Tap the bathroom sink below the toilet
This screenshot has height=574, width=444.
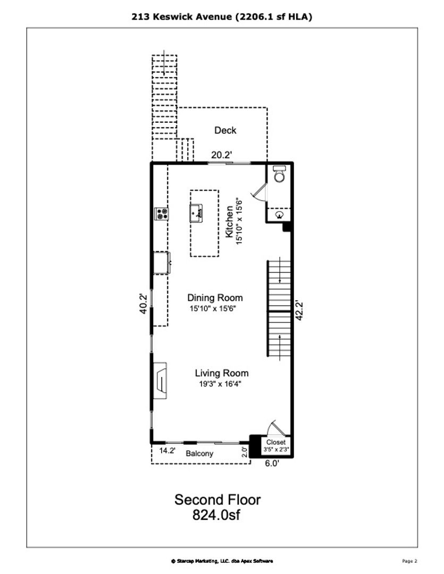[x=280, y=214]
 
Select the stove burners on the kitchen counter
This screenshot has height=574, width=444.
[x=161, y=214]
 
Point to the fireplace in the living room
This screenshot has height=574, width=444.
[x=160, y=381]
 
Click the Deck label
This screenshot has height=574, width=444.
[x=225, y=130]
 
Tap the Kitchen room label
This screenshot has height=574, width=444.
[x=229, y=222]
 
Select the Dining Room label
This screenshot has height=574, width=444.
[x=215, y=298]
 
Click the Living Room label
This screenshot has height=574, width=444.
[x=222, y=373]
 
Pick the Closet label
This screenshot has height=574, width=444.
[x=276, y=442]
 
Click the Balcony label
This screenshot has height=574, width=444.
[x=199, y=453]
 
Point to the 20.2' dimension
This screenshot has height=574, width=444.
[x=222, y=155]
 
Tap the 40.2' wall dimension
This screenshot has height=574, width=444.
[x=144, y=304]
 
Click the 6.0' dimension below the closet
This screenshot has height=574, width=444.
[x=272, y=463]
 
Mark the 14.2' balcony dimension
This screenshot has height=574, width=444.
[x=167, y=451]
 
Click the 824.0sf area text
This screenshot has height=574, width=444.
[x=216, y=514]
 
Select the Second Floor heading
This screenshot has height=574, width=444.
[x=217, y=500]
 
